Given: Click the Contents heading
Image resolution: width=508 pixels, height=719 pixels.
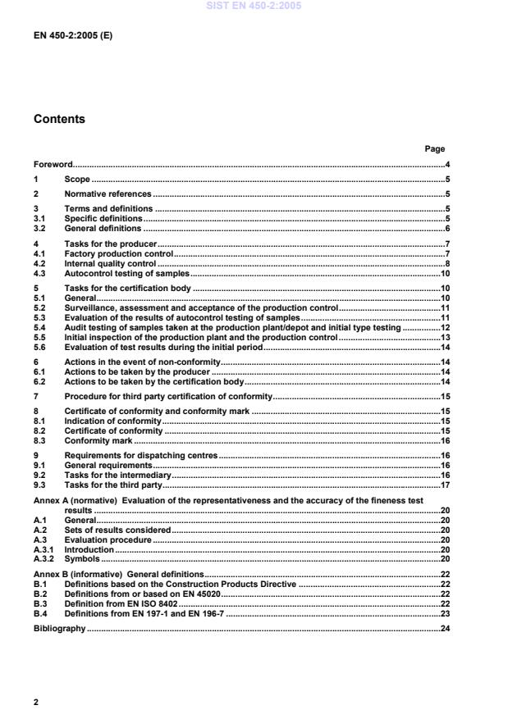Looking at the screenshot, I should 58,119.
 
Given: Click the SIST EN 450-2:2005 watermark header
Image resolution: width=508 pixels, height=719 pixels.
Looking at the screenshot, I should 254,5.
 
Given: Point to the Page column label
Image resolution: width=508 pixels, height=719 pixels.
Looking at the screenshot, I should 434,149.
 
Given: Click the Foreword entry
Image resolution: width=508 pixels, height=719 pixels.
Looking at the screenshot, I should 53,165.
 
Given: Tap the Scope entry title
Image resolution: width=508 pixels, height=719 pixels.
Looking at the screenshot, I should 76,179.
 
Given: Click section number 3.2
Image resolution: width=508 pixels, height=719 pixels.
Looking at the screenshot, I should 39,228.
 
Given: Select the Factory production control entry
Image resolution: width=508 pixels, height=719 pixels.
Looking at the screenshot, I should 118,254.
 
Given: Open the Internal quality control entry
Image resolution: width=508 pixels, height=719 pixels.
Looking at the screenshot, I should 110,264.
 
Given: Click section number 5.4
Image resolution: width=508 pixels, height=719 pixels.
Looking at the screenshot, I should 39,327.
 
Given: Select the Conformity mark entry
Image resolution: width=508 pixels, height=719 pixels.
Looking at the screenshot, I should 98,440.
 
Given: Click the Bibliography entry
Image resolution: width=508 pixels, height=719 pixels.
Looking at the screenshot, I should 59,628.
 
